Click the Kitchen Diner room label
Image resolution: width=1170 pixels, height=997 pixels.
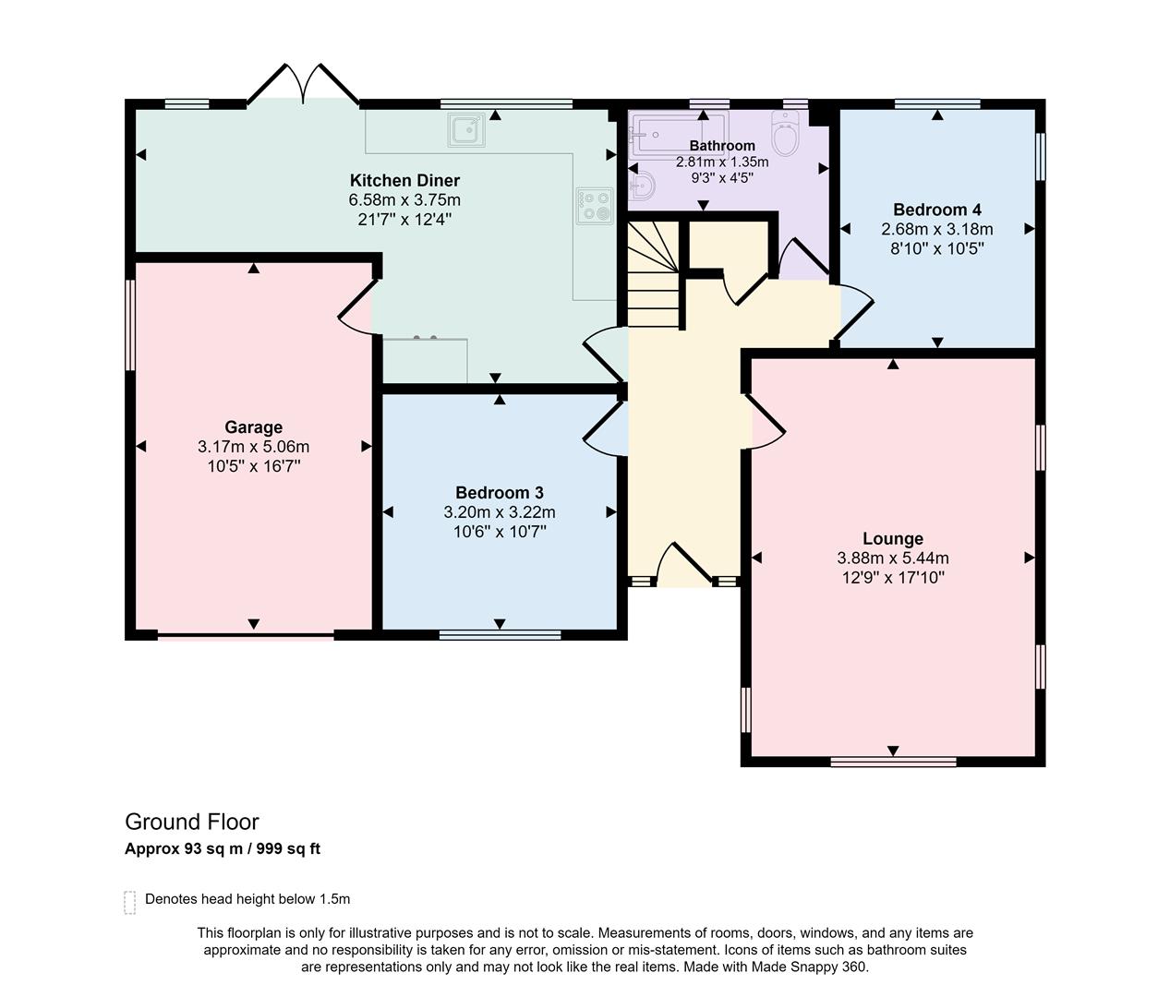404,180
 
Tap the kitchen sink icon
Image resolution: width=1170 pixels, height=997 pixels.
467,130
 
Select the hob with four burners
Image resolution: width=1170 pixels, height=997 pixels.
595,206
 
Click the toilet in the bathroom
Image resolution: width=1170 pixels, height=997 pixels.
785,136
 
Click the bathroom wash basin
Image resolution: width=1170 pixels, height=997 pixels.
641,187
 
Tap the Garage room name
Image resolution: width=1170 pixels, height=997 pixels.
253,426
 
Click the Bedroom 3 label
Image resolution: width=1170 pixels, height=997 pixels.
500,492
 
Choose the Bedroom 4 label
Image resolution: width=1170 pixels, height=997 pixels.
936,210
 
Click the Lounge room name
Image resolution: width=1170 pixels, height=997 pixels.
893,538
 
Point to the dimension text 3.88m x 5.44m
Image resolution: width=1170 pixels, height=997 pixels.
893,558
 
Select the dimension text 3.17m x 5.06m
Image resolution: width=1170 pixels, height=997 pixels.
253,447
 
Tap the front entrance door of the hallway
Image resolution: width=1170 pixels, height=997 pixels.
683,565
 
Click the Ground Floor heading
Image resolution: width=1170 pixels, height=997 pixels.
192,822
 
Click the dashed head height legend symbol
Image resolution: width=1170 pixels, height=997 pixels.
130,902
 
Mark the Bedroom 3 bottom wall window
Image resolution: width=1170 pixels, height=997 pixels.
500,634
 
